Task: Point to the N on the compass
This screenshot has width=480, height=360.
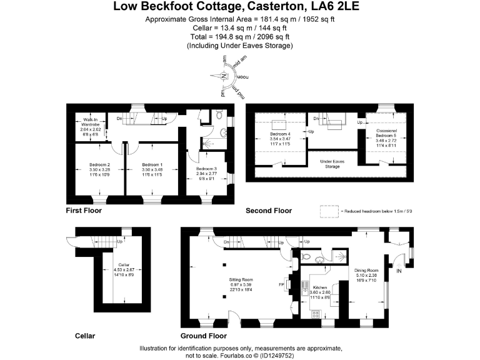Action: pos(224,75)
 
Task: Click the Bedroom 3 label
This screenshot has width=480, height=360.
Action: pos(207,169)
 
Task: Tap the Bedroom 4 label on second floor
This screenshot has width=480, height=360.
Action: pos(281,134)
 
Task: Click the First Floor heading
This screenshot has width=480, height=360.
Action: pos(84,211)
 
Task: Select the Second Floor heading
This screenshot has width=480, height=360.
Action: pos(268,211)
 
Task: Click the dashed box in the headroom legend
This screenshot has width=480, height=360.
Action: pos(329,211)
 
